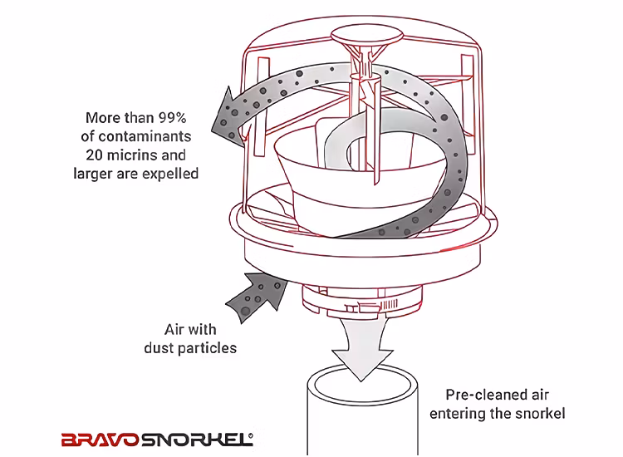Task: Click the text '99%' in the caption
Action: tap(172, 118)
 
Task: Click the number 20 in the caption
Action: tap(95, 155)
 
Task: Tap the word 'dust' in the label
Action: tap(159, 348)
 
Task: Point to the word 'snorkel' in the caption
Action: tap(541, 414)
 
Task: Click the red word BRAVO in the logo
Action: tap(101, 440)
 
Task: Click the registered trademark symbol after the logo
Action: tap(251, 436)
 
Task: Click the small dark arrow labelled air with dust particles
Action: tap(257, 297)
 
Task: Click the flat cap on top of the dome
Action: tap(366, 36)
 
